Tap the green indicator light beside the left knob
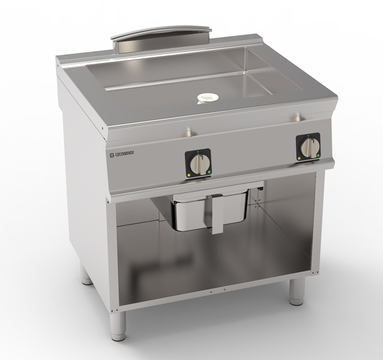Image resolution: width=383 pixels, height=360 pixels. point(210,172)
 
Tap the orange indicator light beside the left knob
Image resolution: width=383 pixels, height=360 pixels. point(189,175)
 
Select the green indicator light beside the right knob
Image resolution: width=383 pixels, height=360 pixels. point(318,155)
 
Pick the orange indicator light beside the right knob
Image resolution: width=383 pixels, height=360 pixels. point(299,158)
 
